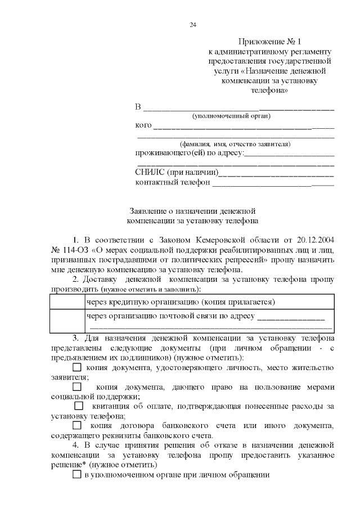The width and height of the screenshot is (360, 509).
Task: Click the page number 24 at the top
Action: [193, 25]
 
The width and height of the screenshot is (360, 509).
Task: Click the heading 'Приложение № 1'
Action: [270, 42]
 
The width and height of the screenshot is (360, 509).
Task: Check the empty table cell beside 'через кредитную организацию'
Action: [67, 302]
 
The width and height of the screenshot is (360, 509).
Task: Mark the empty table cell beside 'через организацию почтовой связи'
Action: [67, 321]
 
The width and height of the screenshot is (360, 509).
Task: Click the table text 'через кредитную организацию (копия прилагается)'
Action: [180, 302]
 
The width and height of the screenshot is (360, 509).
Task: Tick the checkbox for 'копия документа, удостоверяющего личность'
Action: [78, 367]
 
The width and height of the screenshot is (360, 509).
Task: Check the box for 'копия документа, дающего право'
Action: [78, 388]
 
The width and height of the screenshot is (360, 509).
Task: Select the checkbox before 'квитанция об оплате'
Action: [79, 406]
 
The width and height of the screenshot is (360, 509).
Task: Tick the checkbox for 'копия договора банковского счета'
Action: [78, 425]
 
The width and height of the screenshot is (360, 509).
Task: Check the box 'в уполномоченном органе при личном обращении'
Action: [77, 475]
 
